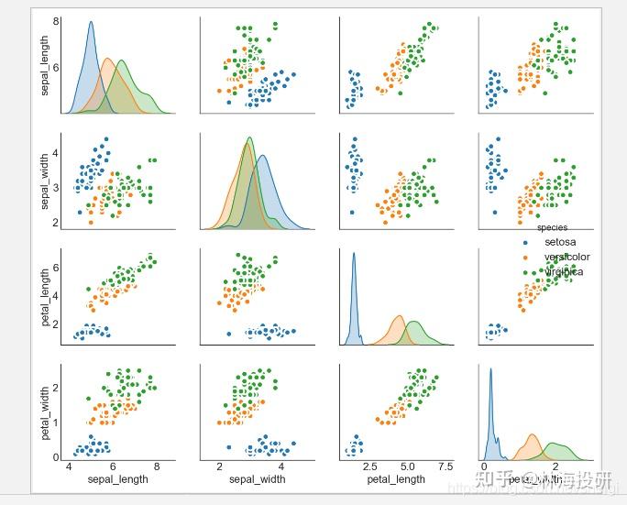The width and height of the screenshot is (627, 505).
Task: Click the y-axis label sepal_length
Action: point(44,65)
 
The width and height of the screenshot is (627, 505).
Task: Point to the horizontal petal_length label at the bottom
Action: point(396,478)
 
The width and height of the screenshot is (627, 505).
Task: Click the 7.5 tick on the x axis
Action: point(445,467)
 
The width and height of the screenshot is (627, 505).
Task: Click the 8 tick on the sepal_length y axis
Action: point(56,21)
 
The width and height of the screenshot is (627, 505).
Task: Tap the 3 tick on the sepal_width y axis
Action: point(56,187)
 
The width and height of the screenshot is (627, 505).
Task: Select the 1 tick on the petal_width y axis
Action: point(56,422)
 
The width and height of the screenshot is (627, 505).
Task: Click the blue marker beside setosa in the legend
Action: point(525,243)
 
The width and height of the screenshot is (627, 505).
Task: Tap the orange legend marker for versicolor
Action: point(525,258)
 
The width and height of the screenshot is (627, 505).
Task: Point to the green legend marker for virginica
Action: point(525,272)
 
